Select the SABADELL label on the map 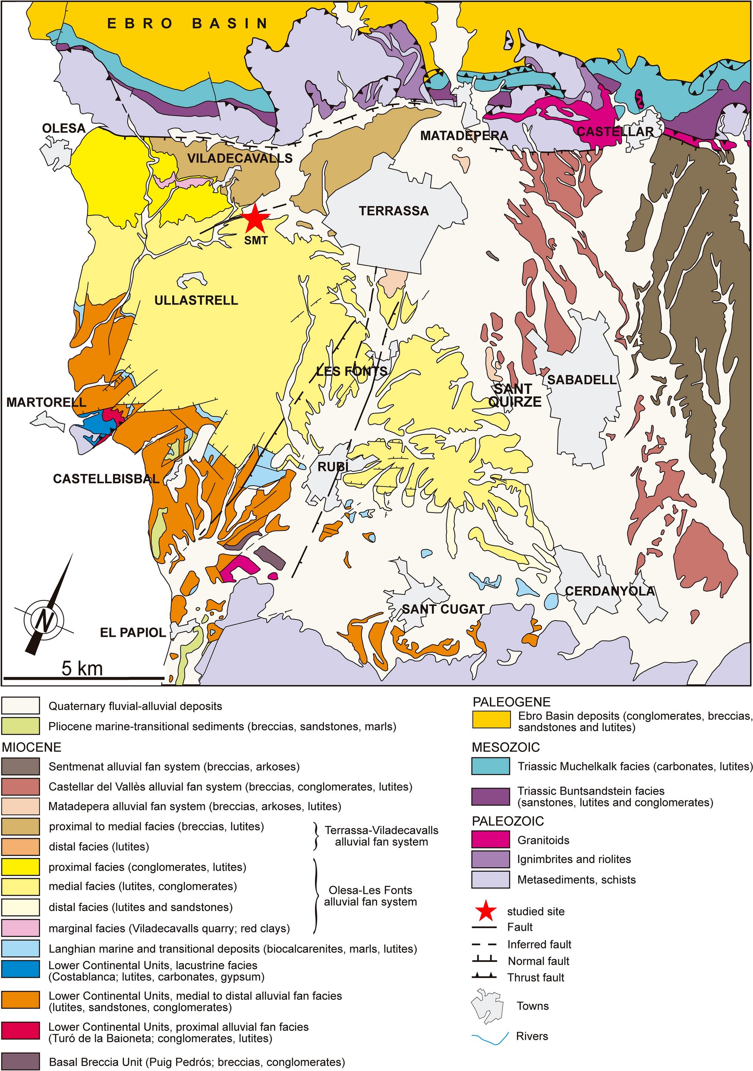pyautogui.click(x=582, y=380)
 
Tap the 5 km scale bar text pyautogui.click(x=82, y=668)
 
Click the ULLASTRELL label pyautogui.click(x=196, y=300)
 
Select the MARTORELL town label pyautogui.click(x=46, y=402)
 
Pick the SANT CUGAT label pyautogui.click(x=443, y=609)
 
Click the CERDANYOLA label pyautogui.click(x=610, y=591)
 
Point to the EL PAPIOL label pyautogui.click(x=133, y=632)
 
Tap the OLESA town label pyautogui.click(x=64, y=128)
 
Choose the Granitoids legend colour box pyautogui.click(x=490, y=840)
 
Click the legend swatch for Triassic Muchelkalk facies pyautogui.click(x=490, y=766)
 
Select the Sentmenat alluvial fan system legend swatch pyautogui.click(x=21, y=766)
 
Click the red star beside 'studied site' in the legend pyautogui.click(x=485, y=911)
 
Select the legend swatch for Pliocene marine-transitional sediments pyautogui.click(x=21, y=726)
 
